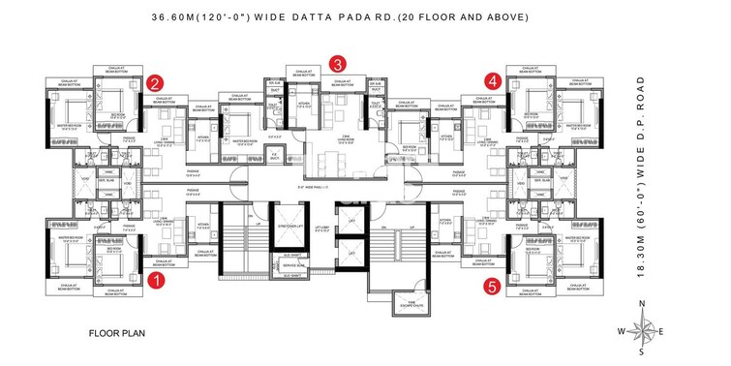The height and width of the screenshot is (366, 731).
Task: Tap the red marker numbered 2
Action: [x=155, y=83]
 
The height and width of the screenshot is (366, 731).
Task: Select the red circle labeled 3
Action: [x=337, y=63]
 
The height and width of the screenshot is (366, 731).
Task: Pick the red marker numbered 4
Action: [x=494, y=81]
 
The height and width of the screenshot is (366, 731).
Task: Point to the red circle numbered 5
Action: [x=494, y=286]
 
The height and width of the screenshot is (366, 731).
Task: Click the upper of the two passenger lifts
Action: [x=350, y=221]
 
